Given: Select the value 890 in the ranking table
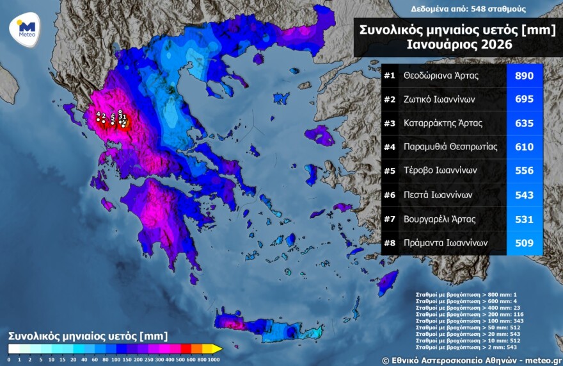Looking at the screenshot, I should coord(524,76).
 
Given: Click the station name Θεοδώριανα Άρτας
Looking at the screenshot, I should coord(441,76).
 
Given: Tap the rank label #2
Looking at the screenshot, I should coord(389,99).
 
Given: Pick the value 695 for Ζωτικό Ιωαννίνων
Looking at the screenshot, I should coord(524,99).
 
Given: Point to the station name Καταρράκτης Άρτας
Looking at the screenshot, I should coord(443,123).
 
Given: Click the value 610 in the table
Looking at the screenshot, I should coord(524,147).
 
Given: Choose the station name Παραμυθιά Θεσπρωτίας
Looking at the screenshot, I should coord(450,147).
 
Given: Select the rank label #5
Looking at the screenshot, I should coord(389,171).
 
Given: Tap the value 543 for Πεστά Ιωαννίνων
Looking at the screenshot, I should coord(524,195).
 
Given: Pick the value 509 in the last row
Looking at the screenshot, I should coord(524,243).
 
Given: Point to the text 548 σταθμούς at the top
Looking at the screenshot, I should coord(500,9).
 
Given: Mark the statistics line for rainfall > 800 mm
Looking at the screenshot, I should coord(459,295).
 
